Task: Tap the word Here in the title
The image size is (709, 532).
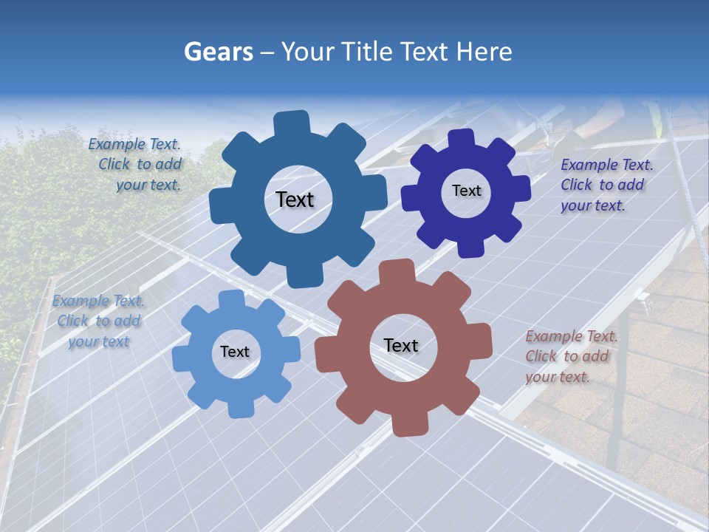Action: pyautogui.click(x=484, y=52)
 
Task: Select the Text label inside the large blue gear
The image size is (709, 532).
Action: pyautogui.click(x=295, y=199)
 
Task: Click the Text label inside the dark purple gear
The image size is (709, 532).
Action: pyautogui.click(x=466, y=191)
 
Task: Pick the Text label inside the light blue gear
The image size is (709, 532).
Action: pyautogui.click(x=235, y=352)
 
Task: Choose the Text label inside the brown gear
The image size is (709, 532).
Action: pyautogui.click(x=401, y=345)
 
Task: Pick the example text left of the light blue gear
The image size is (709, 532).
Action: pyautogui.click(x=98, y=321)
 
